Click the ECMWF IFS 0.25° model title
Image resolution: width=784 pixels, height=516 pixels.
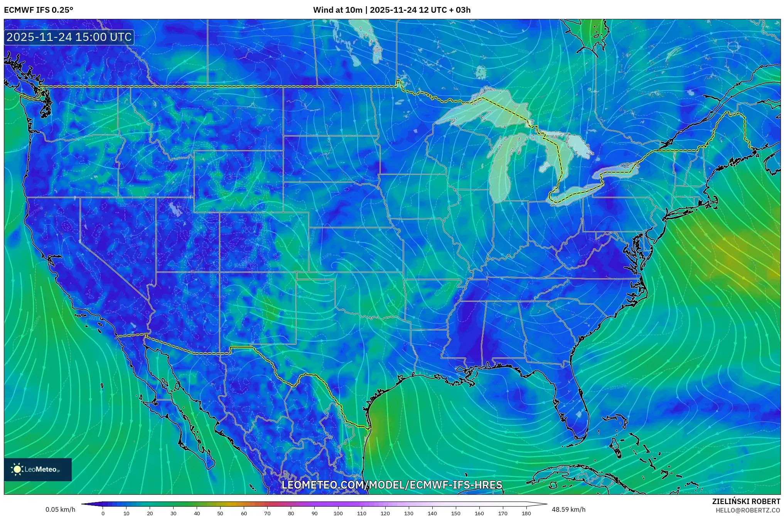point(39,10)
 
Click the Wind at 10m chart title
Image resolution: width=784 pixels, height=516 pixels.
point(391,10)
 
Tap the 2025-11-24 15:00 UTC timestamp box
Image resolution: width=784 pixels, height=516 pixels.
point(69,37)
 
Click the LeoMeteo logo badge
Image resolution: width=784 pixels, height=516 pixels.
point(38,469)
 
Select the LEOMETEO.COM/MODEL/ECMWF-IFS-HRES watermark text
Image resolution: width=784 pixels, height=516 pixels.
point(391,485)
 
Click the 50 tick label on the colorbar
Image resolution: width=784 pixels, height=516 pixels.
point(220,513)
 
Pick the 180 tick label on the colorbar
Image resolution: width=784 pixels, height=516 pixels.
point(526,513)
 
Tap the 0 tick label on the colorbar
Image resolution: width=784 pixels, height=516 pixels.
point(103,513)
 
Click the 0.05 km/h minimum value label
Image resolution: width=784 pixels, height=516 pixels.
point(60,509)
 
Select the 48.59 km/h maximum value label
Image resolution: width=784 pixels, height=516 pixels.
point(568,509)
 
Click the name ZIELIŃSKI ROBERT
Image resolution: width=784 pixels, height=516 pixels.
point(746,501)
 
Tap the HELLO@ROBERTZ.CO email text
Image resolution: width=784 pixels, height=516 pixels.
point(748,510)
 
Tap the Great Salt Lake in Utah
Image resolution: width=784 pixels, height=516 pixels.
point(176,210)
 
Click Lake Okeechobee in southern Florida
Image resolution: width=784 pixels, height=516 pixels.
point(578,414)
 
